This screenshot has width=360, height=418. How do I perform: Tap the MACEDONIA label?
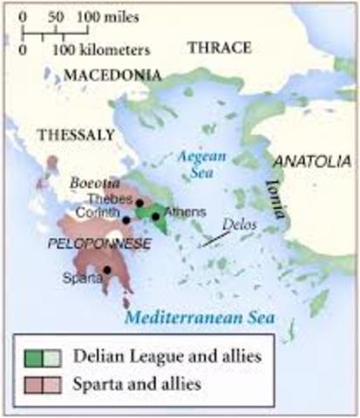point(112,77)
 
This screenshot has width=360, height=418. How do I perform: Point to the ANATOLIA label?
point(312,161)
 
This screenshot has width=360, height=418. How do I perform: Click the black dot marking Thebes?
point(139,202)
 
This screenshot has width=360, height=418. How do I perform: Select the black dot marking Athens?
point(155,216)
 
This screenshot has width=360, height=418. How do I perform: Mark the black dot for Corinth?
point(126,219)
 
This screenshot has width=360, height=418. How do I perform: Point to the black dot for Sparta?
point(106,269)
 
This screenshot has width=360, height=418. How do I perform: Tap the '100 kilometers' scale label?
point(105,50)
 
